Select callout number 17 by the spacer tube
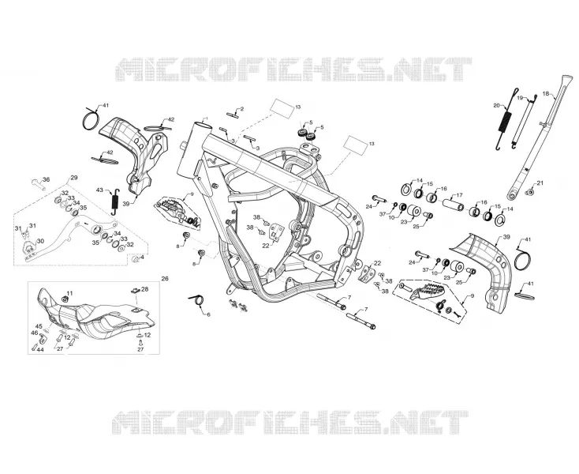459,195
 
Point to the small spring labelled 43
115,202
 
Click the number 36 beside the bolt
47,179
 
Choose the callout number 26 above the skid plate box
165,278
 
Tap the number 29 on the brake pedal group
74,178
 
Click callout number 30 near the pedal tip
40,241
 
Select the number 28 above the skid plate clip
145,289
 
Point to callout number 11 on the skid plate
69,293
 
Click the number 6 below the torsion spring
208,314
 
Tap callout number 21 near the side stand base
540,182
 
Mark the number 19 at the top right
520,98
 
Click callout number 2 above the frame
242,109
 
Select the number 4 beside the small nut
142,257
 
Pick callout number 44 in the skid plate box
40,350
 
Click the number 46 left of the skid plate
35,333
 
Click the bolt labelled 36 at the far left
38,183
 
